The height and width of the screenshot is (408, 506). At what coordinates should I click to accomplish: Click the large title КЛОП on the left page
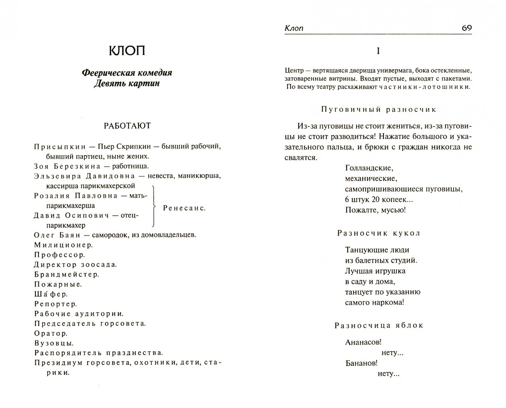127,51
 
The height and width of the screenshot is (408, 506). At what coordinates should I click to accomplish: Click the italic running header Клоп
294,28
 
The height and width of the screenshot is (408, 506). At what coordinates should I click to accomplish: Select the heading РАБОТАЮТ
127,126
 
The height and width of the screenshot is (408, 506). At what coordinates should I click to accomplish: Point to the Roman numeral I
378,51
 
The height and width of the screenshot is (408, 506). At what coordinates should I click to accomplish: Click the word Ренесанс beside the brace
184,208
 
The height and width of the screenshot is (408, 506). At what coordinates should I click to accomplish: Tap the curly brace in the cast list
154,206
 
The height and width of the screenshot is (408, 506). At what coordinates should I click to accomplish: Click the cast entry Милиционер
63,245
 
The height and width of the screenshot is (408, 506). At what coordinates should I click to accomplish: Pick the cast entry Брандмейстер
66,274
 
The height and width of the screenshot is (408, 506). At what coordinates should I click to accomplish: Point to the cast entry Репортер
55,304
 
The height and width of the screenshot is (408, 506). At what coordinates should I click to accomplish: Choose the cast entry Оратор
51,334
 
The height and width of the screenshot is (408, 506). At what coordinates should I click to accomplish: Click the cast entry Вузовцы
54,343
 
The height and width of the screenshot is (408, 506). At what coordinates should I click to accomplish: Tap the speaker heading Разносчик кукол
378,233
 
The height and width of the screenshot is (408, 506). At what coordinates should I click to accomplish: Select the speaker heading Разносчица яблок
378,325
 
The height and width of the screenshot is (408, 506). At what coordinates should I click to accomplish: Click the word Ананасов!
363,342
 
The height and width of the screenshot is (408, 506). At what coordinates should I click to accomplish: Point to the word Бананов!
361,363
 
